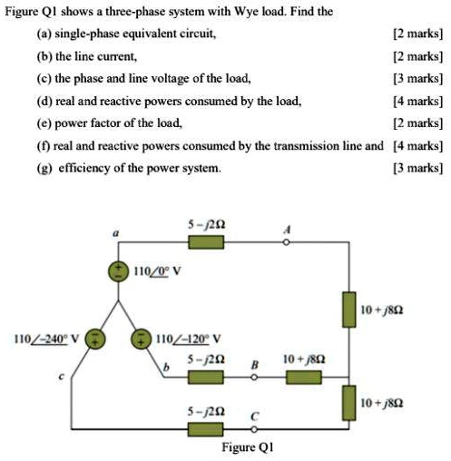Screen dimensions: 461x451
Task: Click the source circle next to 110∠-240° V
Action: pos(100,341)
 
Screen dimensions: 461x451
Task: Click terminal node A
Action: pos(287,240)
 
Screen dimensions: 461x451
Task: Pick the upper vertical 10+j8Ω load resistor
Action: pos(348,309)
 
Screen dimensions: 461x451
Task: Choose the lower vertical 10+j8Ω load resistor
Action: pos(348,402)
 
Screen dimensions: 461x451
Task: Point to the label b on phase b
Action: pos(166,368)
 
